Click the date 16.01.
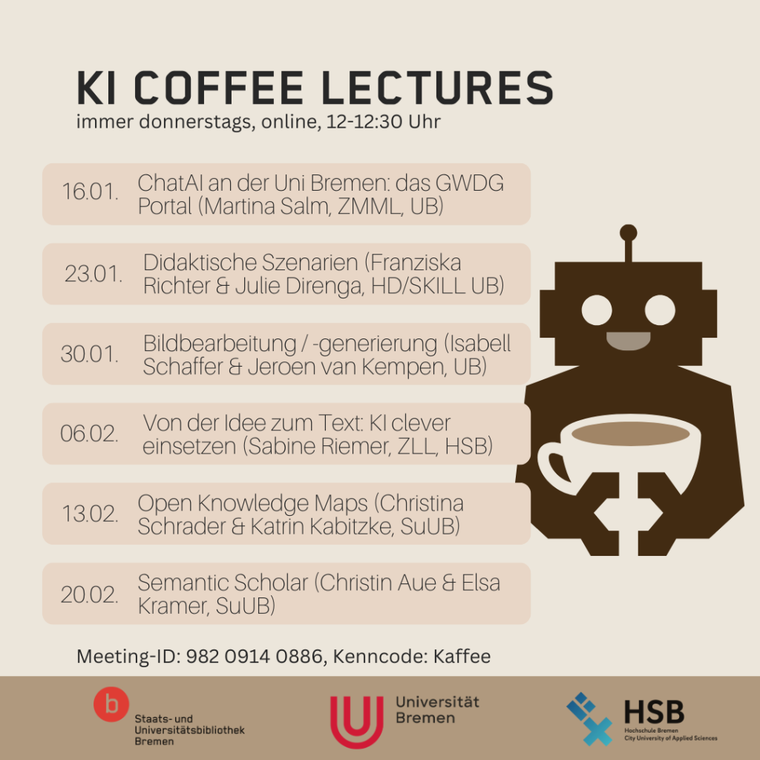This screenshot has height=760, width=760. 90,191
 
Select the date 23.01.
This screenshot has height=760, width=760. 94,274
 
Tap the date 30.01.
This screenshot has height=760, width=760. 90,354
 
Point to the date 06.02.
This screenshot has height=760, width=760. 89,433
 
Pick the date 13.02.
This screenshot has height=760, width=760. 90,514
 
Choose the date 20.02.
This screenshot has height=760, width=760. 90,594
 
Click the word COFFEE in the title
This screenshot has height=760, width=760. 219,88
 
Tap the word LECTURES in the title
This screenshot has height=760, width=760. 436,88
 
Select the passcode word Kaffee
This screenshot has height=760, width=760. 462,656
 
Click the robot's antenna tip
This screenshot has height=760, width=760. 628,232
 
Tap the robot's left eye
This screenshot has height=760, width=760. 597,310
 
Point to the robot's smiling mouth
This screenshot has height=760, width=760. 628,341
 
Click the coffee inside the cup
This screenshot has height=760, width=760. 631,433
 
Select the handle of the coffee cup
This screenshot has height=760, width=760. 554,467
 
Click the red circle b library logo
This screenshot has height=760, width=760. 111,704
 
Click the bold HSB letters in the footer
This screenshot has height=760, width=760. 654,712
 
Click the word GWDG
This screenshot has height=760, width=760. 470,184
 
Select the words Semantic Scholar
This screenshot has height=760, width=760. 223,583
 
